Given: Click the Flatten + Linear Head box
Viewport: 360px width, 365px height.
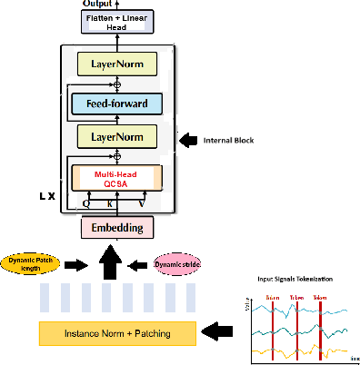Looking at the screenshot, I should point(116,23).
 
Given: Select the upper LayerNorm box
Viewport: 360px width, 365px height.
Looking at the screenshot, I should point(117,64).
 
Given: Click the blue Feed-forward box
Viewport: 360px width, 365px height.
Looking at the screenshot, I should point(117,104).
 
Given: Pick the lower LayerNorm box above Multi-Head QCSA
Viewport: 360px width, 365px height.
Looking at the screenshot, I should point(117,138).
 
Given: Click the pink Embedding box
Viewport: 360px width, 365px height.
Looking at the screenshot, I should point(117,227).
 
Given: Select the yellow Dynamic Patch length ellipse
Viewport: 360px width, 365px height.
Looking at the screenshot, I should point(31,264).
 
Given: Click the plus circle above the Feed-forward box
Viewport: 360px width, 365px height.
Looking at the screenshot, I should point(117,84).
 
